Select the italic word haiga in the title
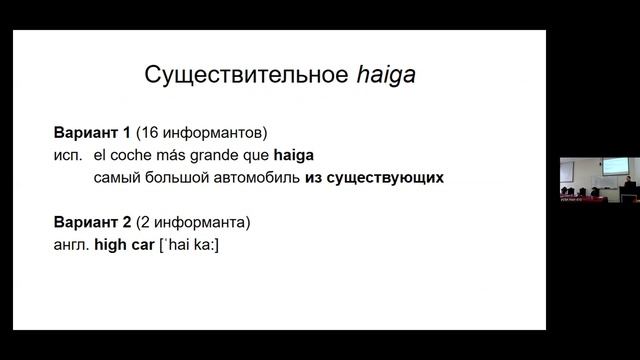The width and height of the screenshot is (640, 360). coord(387,76)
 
